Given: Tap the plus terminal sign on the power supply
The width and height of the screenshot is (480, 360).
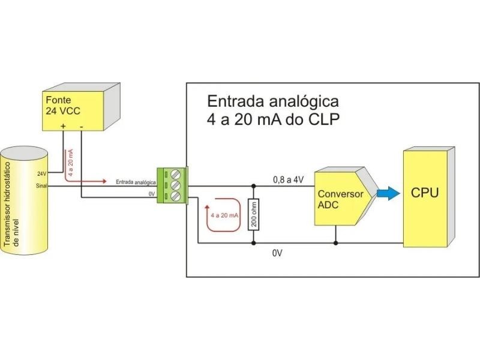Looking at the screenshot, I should click(x=63, y=126).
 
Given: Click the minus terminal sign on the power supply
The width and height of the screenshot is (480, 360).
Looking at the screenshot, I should click(x=80, y=126).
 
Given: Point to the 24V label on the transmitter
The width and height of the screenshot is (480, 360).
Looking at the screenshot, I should click(x=41, y=174).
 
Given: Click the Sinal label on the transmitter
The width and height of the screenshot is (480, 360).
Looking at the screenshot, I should click(x=41, y=185).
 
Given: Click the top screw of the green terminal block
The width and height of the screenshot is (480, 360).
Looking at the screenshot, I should click(x=176, y=175).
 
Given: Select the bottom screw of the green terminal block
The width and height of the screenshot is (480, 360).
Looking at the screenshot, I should click(x=176, y=196).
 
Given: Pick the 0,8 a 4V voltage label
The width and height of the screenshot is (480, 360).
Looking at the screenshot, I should click(x=289, y=179).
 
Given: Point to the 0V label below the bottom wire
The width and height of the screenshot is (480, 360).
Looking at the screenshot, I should click(x=277, y=253).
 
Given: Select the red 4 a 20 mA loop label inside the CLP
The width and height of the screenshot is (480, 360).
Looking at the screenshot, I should click(x=225, y=215).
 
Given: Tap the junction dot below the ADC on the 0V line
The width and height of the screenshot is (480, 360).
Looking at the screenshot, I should click(x=335, y=244).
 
